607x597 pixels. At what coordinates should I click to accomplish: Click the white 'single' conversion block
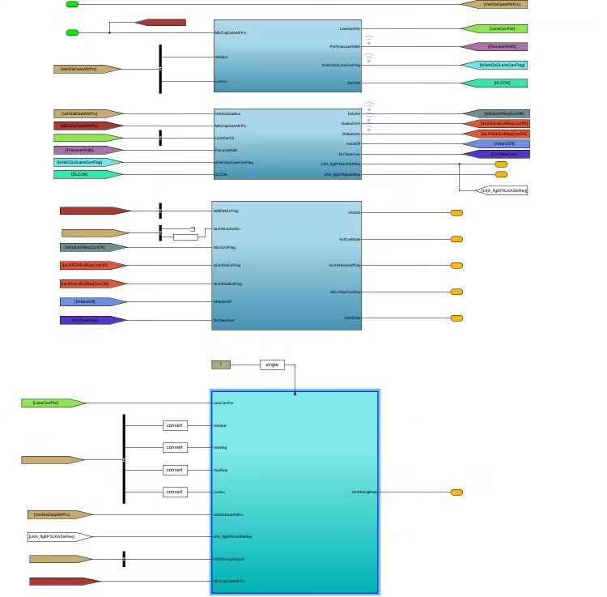(273, 365)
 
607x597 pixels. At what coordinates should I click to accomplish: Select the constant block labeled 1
(221, 365)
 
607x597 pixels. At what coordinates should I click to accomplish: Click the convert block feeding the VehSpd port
(175, 425)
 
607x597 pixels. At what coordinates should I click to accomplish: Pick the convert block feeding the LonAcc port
(175, 492)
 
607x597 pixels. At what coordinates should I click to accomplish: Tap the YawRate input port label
(220, 470)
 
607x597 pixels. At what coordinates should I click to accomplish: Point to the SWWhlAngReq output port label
(364, 492)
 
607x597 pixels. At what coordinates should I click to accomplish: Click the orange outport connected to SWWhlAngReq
(456, 492)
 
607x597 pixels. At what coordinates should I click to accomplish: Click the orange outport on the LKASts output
(456, 213)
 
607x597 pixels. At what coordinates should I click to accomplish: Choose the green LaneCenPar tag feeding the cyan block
(53, 403)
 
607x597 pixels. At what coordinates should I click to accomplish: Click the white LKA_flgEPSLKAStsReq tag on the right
(503, 190)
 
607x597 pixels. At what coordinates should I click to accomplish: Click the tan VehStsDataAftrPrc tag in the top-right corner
(495, 4)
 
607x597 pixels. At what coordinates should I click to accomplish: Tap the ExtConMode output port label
(350, 239)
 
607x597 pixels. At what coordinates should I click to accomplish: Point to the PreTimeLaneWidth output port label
(345, 46)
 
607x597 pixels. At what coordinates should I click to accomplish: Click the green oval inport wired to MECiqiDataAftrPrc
(72, 32)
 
